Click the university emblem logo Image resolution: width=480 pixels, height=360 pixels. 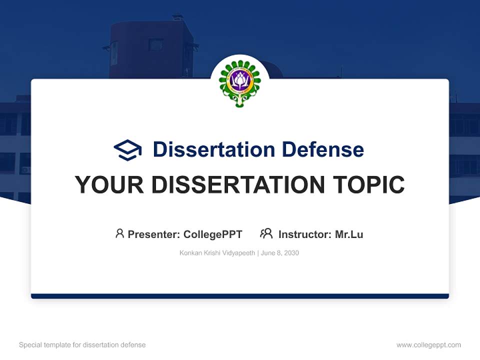pos(239,83)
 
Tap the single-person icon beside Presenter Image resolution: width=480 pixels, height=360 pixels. pos(119,233)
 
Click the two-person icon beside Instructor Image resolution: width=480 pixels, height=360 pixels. pos(266,233)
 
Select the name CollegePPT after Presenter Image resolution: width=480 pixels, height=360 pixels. pos(212,234)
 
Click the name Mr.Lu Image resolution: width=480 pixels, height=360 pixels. pos(349,234)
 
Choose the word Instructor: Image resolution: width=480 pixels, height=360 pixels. pos(305,234)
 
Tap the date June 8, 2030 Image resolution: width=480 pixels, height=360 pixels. pos(280,253)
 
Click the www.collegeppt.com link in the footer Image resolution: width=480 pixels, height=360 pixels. pos(428,345)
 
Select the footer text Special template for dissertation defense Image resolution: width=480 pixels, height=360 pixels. pos(82,345)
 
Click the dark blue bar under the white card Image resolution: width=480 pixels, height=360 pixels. pos(239,296)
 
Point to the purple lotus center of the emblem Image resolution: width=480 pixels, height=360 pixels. pos(239,80)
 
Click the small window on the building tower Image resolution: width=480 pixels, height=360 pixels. pos(156,45)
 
